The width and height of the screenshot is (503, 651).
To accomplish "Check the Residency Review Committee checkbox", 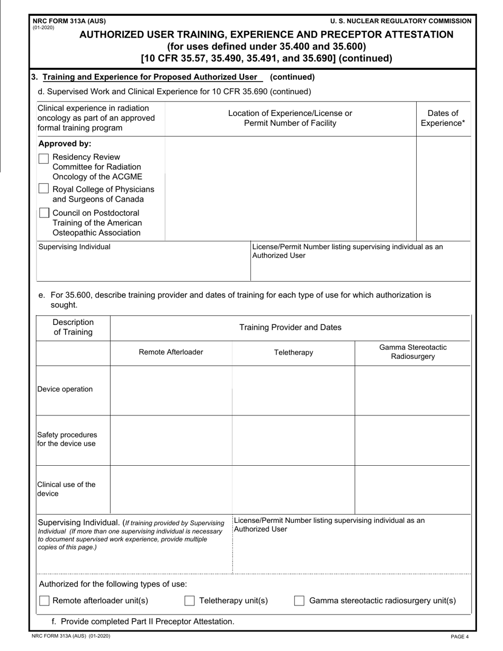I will (44, 159).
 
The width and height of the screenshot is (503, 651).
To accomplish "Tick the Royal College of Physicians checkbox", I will (44, 189).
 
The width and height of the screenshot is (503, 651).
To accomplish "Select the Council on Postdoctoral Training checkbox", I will (44, 213).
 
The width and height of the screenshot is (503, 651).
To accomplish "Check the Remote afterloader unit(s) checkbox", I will (44, 601).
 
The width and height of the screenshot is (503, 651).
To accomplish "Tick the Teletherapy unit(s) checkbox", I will (190, 601).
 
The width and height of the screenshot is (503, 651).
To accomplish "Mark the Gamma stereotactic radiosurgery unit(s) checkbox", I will (299, 601).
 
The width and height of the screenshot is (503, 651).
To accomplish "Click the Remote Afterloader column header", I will (170, 352).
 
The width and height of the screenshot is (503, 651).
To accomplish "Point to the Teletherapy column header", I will (293, 352).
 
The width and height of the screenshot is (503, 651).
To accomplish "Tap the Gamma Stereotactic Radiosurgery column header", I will (412, 352).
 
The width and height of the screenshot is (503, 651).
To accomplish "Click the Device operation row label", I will (65, 390).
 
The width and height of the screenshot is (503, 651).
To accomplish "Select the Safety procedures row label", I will (67, 439).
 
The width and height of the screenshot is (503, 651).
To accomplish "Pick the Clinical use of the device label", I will (66, 489).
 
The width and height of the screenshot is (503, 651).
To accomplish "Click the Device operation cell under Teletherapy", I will (293, 390).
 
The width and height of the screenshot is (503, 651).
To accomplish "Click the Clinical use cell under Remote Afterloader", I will (170, 490).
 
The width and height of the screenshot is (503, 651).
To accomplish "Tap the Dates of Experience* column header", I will (443, 119).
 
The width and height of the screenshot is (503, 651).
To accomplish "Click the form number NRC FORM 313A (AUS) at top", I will (69, 21).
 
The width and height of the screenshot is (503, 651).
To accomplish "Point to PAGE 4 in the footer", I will (460, 637).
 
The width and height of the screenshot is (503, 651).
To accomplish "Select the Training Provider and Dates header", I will (290, 328).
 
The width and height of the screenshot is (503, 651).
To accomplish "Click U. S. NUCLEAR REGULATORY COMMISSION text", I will (400, 21).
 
